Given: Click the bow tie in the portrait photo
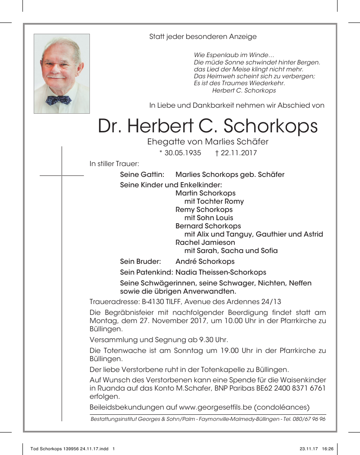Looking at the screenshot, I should pyautogui.click(x=58, y=100).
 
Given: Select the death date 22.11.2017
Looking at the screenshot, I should pyautogui.click(x=239, y=153).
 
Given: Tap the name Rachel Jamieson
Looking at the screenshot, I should pyautogui.click(x=205, y=242).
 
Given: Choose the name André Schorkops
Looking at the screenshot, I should pyautogui.click(x=205, y=261).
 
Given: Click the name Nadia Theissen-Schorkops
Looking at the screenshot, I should pyautogui.click(x=221, y=272).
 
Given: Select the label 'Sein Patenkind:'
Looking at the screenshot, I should pyautogui.click(x=147, y=272).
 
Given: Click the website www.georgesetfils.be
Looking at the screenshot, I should pyautogui.click(x=216, y=407).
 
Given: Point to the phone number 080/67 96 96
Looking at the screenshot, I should pyautogui.click(x=310, y=419).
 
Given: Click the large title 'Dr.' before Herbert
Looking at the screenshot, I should pyautogui.click(x=109, y=126).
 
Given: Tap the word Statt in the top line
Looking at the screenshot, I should pyautogui.click(x=157, y=37).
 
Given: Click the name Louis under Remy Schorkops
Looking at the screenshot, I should pyautogui.click(x=223, y=218).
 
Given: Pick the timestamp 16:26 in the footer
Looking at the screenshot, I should pyautogui.click(x=328, y=449).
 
